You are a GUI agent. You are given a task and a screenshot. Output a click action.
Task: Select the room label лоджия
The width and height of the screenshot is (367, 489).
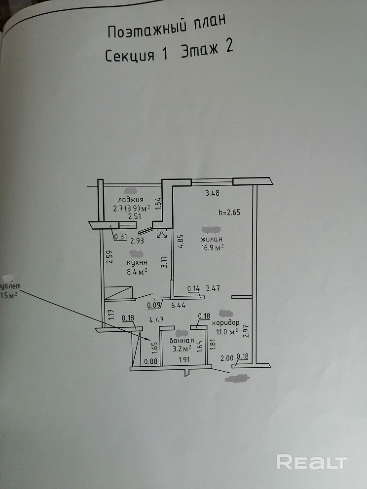click(132, 200)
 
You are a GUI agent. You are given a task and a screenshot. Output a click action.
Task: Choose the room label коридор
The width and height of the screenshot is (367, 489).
click(226, 322)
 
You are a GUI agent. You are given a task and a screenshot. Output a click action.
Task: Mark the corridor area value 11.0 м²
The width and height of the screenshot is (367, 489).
click(225, 332)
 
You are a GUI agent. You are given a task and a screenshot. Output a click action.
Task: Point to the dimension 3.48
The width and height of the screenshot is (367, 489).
click(212, 193)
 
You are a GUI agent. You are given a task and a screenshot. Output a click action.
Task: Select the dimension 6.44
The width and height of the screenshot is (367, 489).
click(178, 305)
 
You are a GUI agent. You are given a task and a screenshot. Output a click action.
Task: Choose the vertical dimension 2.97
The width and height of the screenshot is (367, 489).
click(246, 329)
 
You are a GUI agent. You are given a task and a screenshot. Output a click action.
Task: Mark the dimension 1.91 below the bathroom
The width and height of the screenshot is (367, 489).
click(183, 360)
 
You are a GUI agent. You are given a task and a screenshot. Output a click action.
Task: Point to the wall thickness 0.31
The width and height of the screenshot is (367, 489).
click(120, 237)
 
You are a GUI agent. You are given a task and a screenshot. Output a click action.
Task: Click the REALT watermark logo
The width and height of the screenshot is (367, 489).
click(312, 462)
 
